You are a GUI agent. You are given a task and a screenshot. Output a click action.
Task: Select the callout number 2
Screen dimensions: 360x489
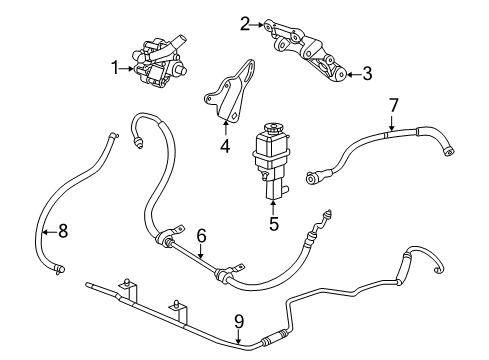pos(245,22)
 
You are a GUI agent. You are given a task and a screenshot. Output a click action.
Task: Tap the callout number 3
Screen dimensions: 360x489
pos(367,73)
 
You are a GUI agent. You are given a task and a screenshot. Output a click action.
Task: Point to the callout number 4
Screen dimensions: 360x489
pos(225,147)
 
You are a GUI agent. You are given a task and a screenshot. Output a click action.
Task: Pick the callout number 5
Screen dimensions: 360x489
pos(273,224)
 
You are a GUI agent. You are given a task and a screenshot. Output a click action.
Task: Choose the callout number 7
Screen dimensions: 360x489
pos(392,104)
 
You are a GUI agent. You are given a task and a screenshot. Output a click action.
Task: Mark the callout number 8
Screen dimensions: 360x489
pos(62,231)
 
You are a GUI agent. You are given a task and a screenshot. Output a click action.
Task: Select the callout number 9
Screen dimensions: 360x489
pos(239,320)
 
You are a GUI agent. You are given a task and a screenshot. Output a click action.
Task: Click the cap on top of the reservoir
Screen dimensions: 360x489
pos(271,128)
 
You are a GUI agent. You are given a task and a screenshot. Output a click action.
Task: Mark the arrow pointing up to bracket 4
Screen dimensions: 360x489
pos(225,129)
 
